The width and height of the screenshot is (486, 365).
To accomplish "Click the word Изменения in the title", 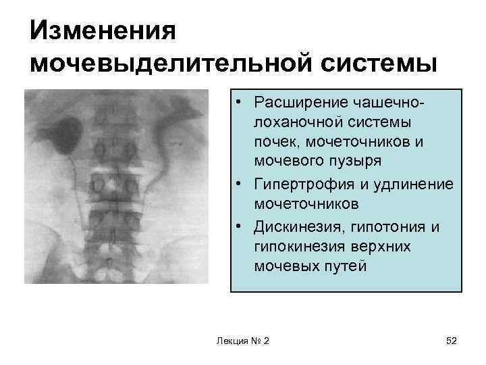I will click(x=103, y=30).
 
